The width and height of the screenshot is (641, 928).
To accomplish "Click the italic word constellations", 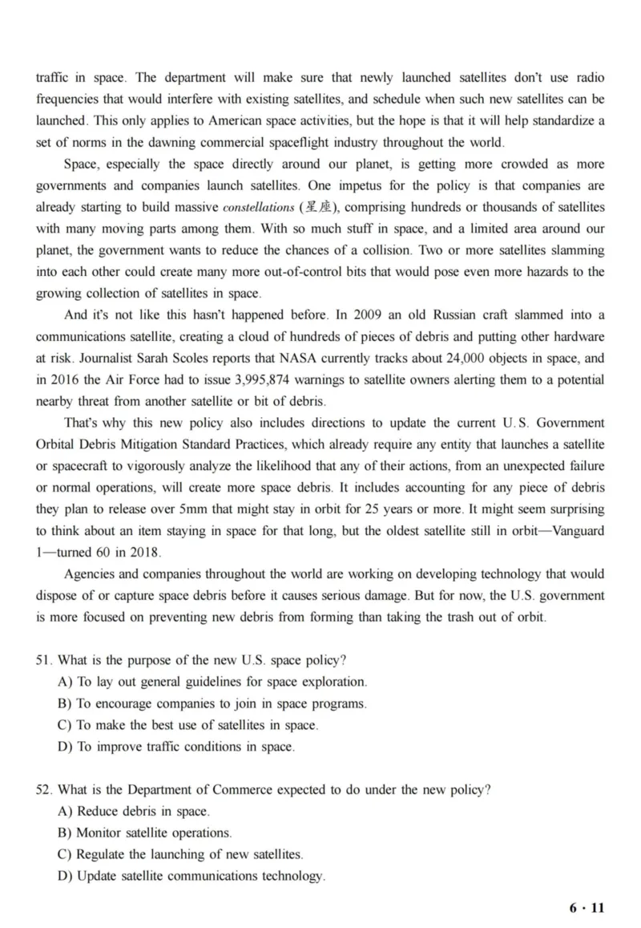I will click(x=259, y=208).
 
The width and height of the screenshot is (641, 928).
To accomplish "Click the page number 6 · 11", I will click(x=587, y=908).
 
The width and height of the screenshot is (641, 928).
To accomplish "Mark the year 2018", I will click(x=145, y=553).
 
